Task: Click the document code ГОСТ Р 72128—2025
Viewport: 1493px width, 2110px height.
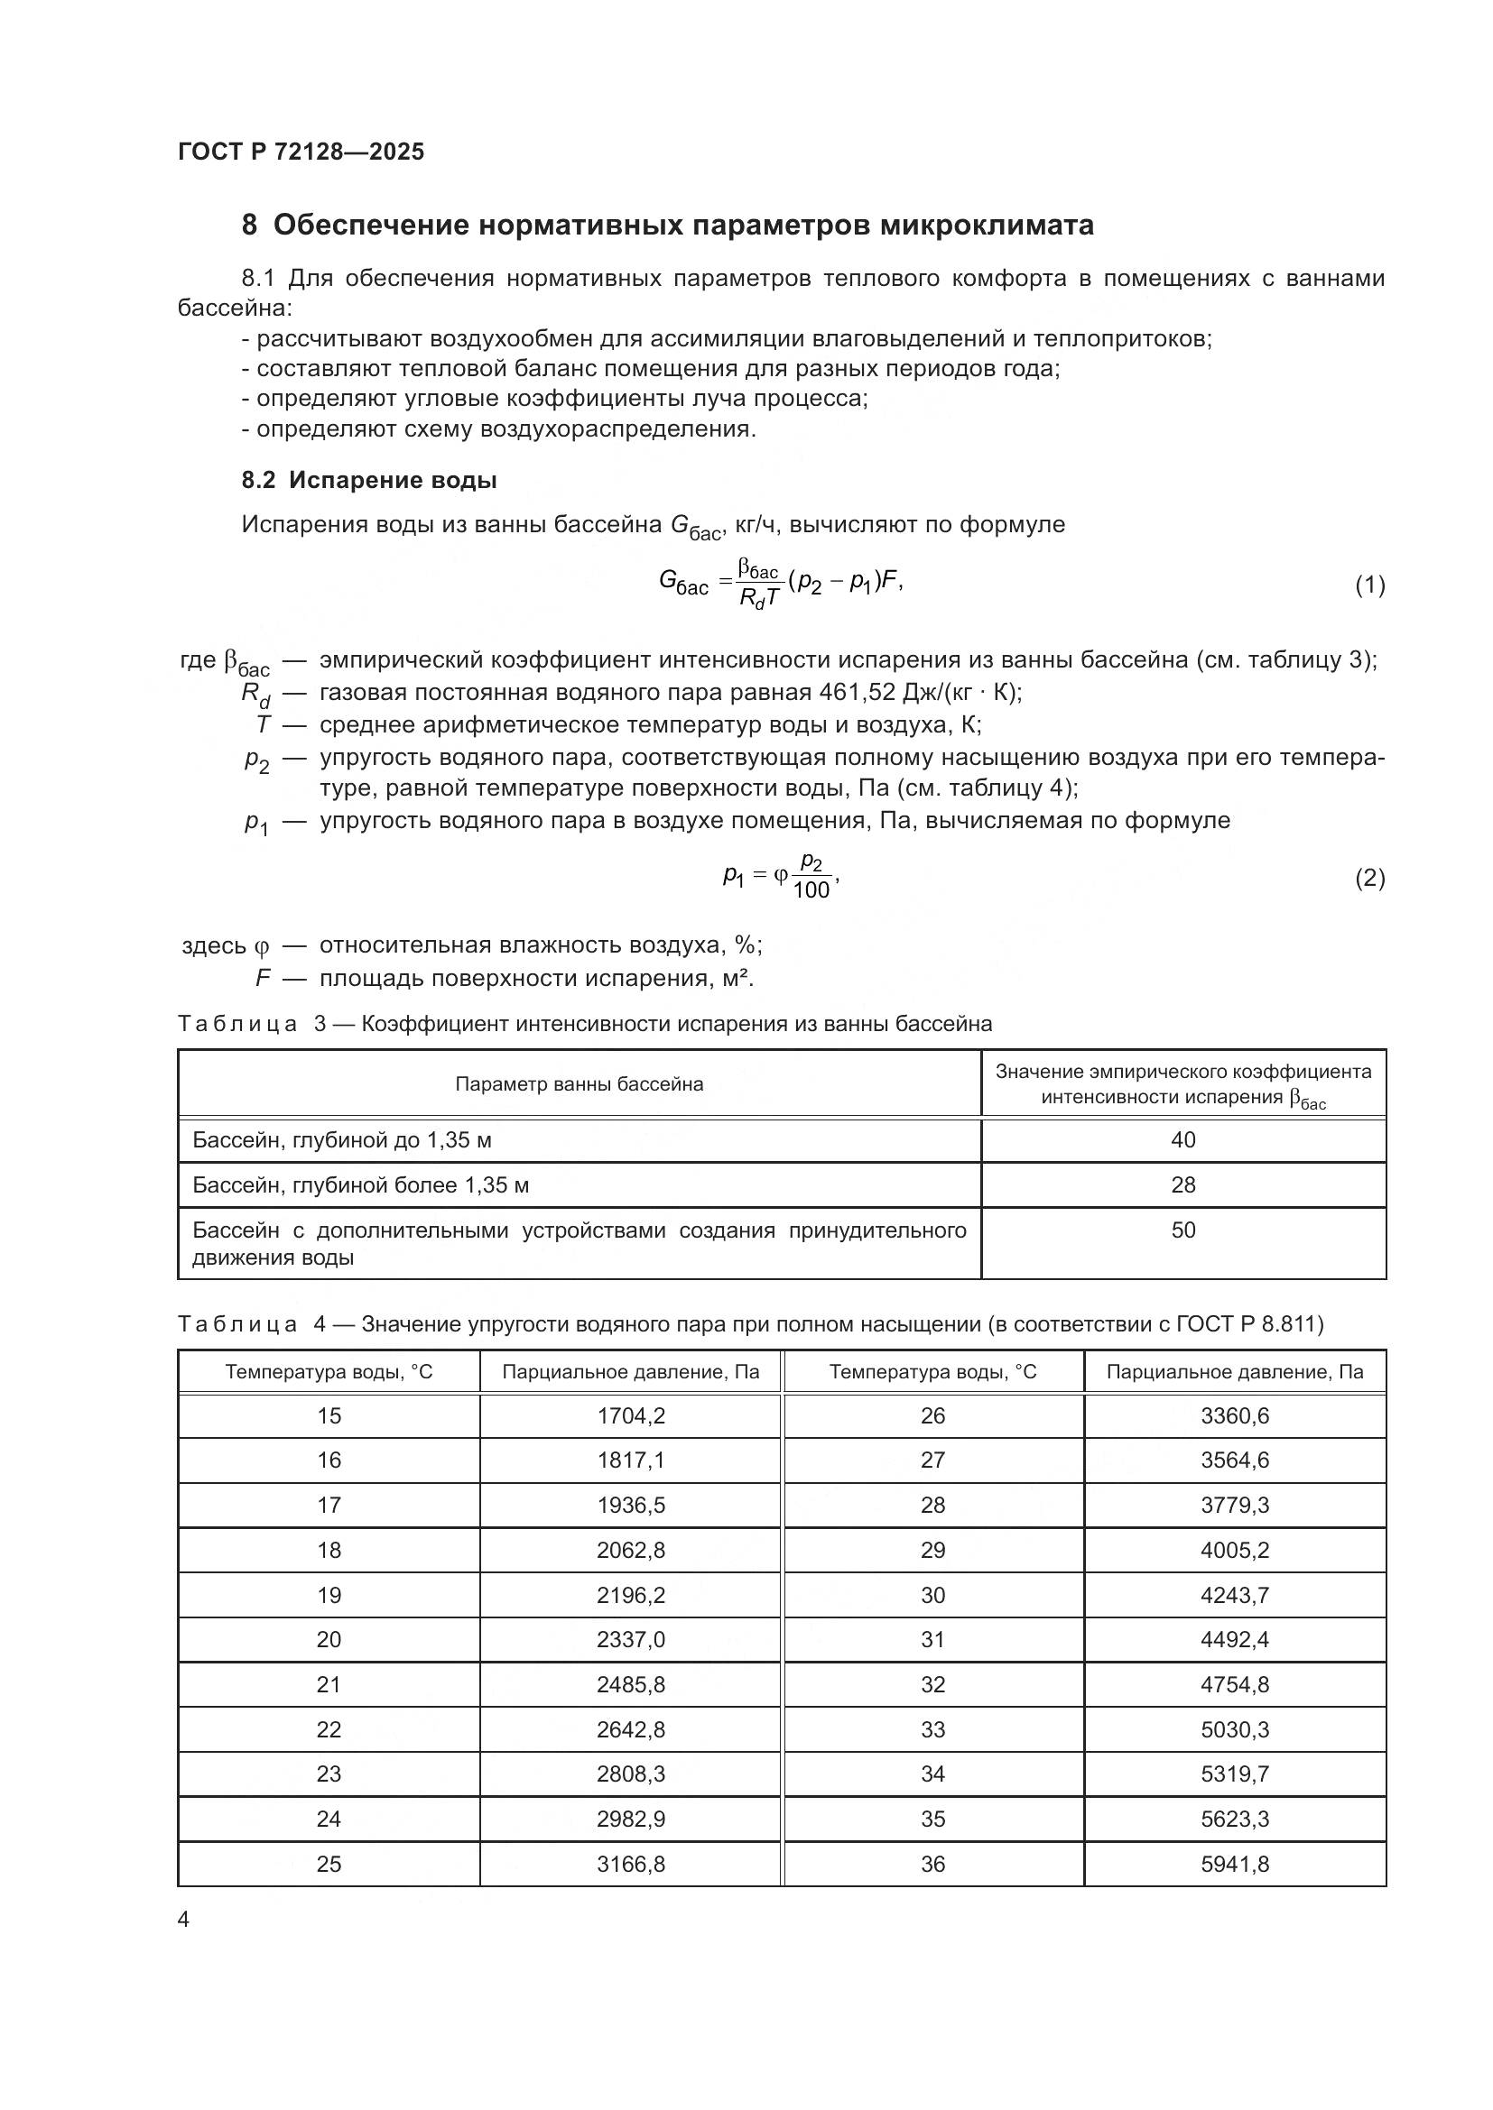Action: click(301, 152)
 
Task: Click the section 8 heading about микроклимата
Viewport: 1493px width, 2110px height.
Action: click(667, 226)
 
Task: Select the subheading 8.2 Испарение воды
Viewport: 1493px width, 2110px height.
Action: click(368, 480)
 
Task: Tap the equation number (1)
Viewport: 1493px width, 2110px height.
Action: click(1369, 585)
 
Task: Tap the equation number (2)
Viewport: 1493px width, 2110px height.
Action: click(1369, 878)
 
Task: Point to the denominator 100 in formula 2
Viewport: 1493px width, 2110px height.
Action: click(810, 889)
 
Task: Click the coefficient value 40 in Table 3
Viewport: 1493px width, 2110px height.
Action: click(1182, 1139)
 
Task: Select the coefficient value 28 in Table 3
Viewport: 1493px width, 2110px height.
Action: click(1182, 1184)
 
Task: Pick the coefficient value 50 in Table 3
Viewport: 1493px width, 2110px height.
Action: click(1182, 1230)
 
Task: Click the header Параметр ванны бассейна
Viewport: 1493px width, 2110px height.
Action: click(580, 1084)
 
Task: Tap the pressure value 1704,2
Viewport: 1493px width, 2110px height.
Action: click(631, 1416)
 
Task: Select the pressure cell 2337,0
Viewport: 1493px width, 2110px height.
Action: click(631, 1639)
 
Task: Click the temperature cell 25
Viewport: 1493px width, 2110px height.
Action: click(329, 1864)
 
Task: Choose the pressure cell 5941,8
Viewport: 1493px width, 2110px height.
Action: click(1235, 1864)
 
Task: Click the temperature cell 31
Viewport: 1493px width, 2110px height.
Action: click(933, 1639)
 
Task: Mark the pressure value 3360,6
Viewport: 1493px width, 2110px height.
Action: click(1235, 1416)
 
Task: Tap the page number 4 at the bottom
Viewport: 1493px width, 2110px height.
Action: click(184, 1920)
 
